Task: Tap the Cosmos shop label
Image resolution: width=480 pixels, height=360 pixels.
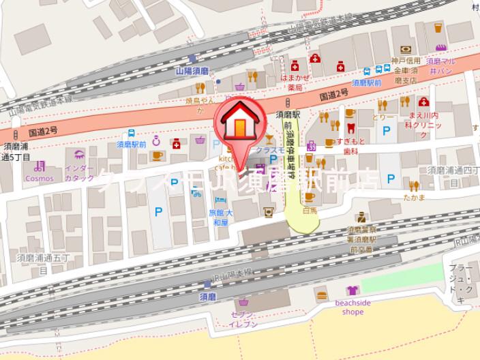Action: pyautogui.click(x=39, y=178)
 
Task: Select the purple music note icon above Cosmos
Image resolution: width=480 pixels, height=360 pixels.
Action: pyautogui.click(x=39, y=166)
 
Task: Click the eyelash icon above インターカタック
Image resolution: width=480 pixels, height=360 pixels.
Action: pyautogui.click(x=79, y=155)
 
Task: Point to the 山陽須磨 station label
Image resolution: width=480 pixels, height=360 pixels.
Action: pyautogui.click(x=192, y=70)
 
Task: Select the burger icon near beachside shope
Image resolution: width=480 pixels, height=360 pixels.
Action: pyautogui.click(x=322, y=295)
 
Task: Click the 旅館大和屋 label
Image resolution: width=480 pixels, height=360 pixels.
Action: pyautogui.click(x=220, y=217)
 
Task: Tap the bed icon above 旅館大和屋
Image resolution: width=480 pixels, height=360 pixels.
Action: pyautogui.click(x=220, y=201)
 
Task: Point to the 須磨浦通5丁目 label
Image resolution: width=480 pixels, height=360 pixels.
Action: pyautogui.click(x=16, y=151)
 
